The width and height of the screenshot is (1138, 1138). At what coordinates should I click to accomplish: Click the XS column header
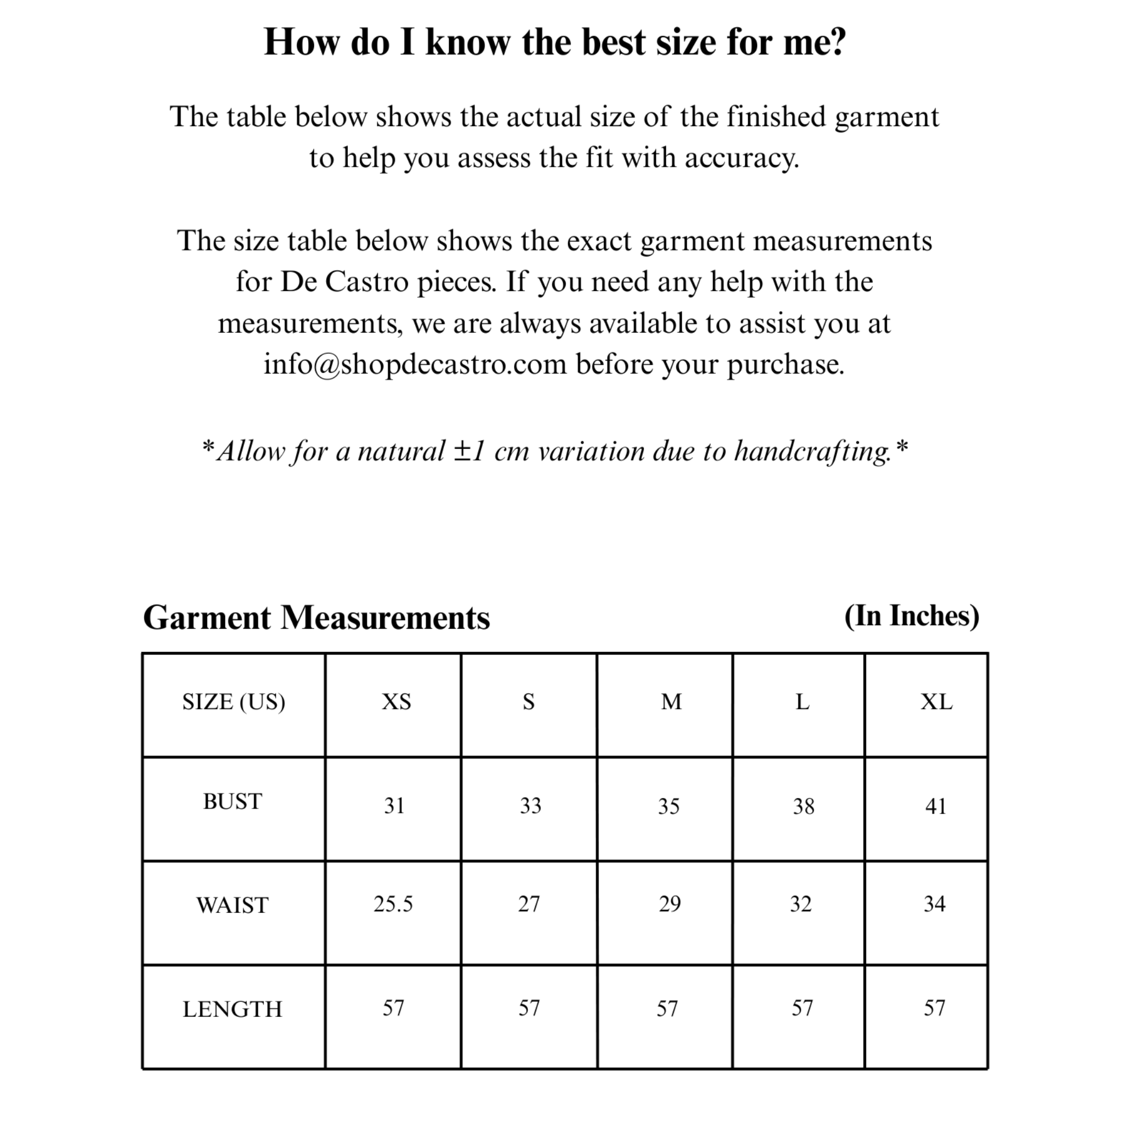[x=396, y=702]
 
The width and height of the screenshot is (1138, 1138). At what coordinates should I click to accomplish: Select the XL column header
[x=936, y=702]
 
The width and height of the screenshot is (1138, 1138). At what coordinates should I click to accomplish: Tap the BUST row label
[x=233, y=802]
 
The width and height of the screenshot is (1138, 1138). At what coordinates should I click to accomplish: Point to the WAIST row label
[x=233, y=905]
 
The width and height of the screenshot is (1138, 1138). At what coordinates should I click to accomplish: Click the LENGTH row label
[x=233, y=1010]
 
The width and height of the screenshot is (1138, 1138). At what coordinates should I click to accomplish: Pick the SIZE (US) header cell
[x=234, y=702]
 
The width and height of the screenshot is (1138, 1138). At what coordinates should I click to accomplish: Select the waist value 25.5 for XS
[x=393, y=904]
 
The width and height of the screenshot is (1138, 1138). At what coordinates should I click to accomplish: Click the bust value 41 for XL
[x=935, y=806]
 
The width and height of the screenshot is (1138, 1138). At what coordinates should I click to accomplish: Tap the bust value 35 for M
[x=668, y=806]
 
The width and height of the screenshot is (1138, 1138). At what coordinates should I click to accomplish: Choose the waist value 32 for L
[x=801, y=904]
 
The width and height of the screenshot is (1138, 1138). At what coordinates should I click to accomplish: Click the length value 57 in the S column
[x=529, y=1009]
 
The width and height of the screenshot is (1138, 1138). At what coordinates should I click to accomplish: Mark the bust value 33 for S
[x=530, y=806]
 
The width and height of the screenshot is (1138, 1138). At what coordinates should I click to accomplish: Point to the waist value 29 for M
[x=670, y=904]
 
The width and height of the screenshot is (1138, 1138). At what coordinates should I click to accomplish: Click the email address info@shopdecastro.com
[x=415, y=364]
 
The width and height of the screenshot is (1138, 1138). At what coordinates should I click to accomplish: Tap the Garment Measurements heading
[x=316, y=618]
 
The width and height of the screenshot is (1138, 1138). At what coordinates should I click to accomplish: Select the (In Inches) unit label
[x=912, y=616]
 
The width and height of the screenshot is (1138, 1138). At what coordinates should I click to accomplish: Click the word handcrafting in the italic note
[x=813, y=452]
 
